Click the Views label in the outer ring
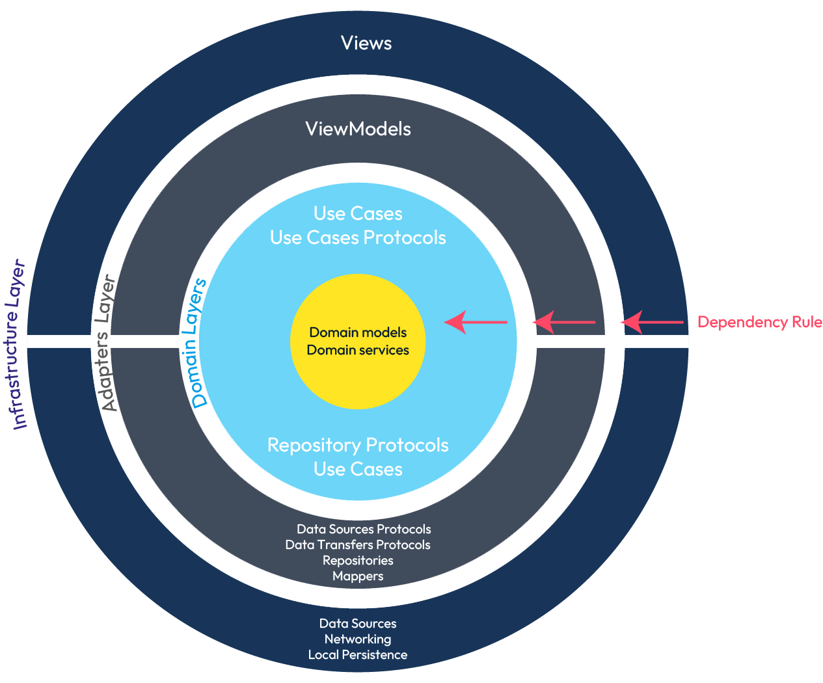click(366, 43)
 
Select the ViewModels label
click(358, 129)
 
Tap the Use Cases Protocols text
click(358, 237)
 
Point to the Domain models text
click(358, 332)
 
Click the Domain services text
click(358, 350)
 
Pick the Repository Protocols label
click(358, 445)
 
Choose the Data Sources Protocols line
click(364, 529)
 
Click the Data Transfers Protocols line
click(358, 544)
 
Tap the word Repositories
click(358, 560)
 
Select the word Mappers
click(358, 576)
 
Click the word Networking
click(358, 639)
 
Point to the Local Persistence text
click(358, 654)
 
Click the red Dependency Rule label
click(759, 322)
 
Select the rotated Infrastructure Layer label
click(19, 345)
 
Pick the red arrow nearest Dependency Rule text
click(651, 322)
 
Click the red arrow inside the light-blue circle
click(475, 322)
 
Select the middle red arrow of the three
click(563, 322)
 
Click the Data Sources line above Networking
click(358, 623)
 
